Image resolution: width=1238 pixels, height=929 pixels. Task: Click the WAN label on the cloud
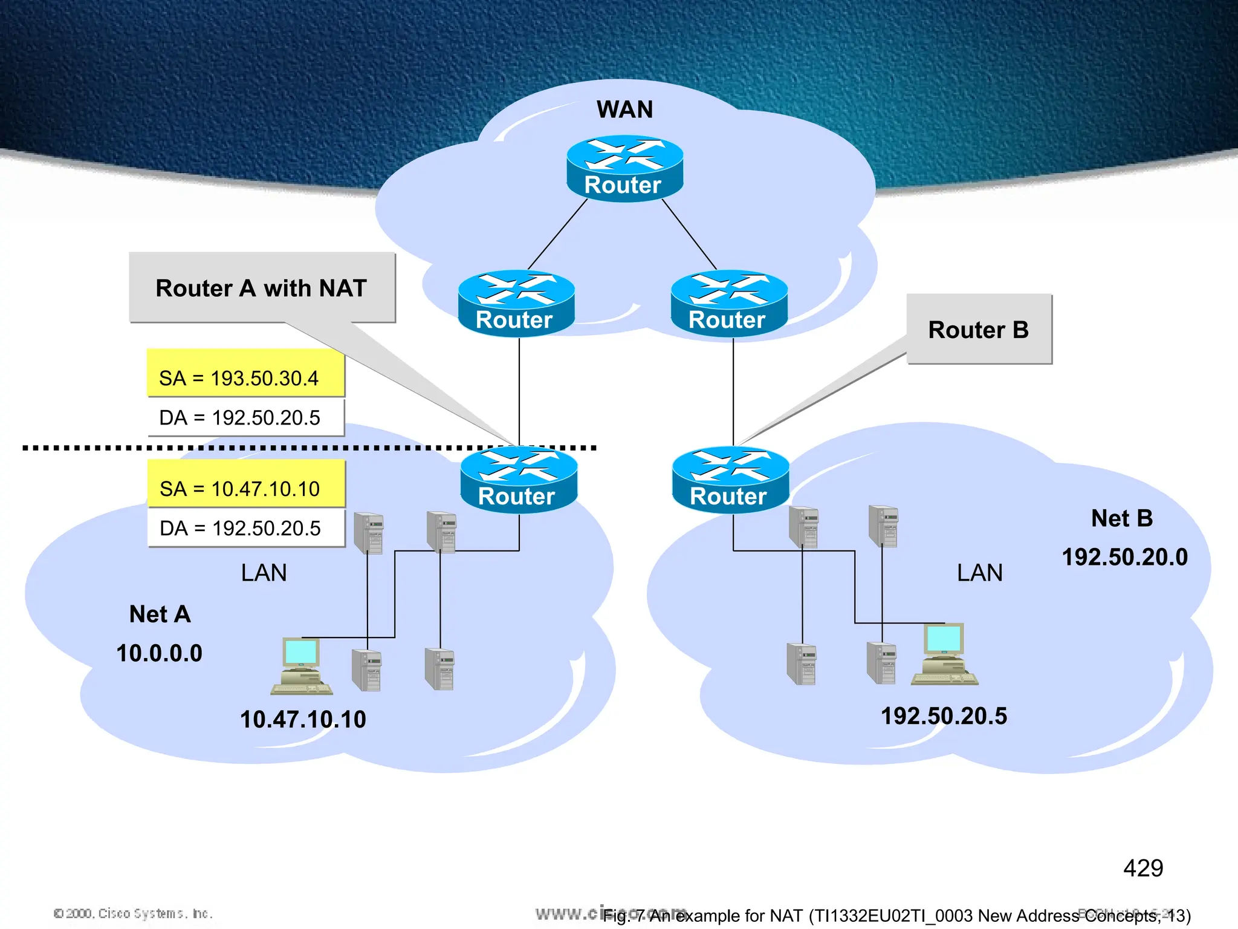coord(624,109)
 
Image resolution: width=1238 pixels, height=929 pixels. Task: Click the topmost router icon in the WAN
coord(624,168)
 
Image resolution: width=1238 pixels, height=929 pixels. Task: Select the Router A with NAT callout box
coord(262,287)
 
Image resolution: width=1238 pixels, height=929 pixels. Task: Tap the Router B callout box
coord(979,329)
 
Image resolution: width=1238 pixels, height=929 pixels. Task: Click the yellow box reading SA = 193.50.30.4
coord(245,373)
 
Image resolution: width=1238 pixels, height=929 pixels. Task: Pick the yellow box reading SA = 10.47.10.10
coord(246,484)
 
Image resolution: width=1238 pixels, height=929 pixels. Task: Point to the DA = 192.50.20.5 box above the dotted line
coord(245,417)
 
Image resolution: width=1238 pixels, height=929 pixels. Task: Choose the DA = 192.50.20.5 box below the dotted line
coord(246,528)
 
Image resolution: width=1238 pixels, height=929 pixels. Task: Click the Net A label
coord(160,614)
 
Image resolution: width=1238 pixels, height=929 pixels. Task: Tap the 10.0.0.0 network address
coord(159,653)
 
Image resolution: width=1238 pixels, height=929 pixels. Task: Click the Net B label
coord(1122,518)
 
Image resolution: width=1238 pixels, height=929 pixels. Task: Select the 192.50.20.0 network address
coord(1124,557)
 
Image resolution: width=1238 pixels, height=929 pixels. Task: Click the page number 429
coord(1142,869)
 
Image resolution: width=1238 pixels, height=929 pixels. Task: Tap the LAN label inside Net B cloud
coord(979,573)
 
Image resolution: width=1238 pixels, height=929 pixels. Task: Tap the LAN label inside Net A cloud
coord(264,573)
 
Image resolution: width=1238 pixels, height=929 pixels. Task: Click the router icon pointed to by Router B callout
coord(730,480)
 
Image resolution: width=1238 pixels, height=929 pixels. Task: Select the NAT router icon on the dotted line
coord(519,480)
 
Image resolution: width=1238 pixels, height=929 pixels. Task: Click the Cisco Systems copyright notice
coord(133,913)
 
